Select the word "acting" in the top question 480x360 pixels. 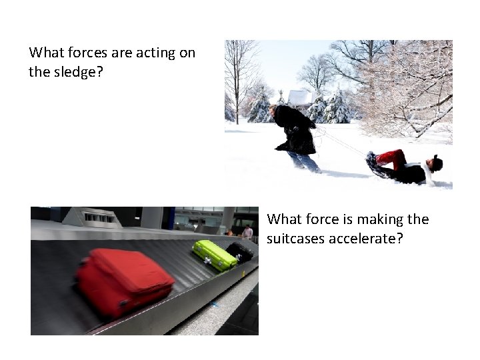point(153,53)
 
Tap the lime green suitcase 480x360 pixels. point(214,255)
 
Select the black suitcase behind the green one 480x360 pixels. point(240,251)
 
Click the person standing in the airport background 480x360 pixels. point(247,233)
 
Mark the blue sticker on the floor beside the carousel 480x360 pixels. point(214,304)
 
